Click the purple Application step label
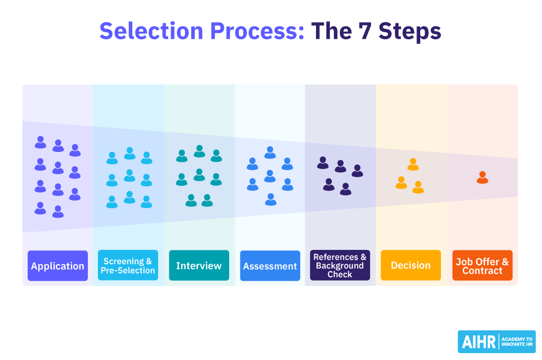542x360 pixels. click(x=58, y=266)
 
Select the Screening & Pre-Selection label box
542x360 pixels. click(x=128, y=266)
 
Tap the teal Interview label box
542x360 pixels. click(x=199, y=266)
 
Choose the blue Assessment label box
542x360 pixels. click(x=270, y=266)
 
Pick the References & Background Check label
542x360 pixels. click(x=340, y=266)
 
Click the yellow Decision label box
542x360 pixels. click(x=411, y=265)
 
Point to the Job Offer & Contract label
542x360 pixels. click(x=482, y=266)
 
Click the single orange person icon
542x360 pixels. click(x=482, y=177)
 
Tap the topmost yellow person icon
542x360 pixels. click(x=413, y=164)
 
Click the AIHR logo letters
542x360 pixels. click(x=477, y=342)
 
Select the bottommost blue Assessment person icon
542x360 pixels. click(x=270, y=199)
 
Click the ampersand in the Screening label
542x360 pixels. click(x=149, y=262)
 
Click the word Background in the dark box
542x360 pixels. click(x=340, y=266)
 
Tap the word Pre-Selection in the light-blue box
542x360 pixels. click(x=128, y=271)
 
